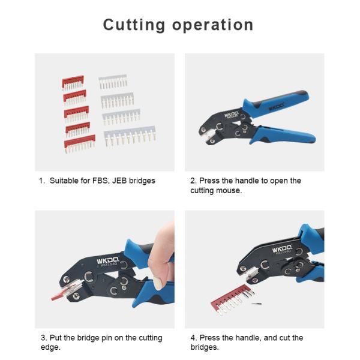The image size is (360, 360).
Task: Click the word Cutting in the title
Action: (x=134, y=25)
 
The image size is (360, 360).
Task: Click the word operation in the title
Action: (x=213, y=25)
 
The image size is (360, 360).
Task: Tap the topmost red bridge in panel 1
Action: (x=73, y=82)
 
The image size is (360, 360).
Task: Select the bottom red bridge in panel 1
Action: (x=80, y=143)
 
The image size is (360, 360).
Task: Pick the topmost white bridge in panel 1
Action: (x=113, y=81)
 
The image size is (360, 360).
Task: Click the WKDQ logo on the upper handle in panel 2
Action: (x=276, y=107)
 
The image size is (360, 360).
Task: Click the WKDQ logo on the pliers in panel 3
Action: (x=107, y=260)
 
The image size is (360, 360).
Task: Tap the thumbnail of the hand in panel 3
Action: (x=158, y=283)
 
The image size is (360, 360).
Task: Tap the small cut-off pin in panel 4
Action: (x=256, y=304)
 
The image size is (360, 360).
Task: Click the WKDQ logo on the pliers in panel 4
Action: (x=282, y=249)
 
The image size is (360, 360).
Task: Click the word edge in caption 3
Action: (x=50, y=347)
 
